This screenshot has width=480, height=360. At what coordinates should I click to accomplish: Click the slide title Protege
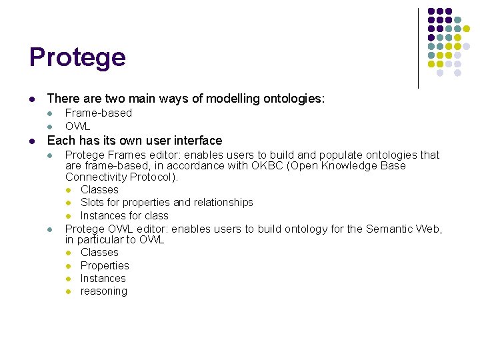(77, 58)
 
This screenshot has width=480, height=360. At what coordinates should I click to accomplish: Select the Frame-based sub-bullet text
(98, 113)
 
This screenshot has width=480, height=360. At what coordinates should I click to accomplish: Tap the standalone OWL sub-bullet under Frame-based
(77, 126)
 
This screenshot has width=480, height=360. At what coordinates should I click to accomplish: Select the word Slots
(93, 202)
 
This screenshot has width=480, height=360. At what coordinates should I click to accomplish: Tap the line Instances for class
(124, 215)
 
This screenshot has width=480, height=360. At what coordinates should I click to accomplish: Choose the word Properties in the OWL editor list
(105, 265)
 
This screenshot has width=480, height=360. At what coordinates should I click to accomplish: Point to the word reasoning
(103, 291)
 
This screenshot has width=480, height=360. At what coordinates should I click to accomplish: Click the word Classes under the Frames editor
(99, 189)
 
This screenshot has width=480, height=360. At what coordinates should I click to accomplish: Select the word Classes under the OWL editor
(99, 252)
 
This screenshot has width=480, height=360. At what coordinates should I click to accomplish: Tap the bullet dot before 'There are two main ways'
(32, 99)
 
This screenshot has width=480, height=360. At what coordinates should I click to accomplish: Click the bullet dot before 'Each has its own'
(32, 141)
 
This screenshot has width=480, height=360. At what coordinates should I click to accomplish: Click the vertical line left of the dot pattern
(418, 48)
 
